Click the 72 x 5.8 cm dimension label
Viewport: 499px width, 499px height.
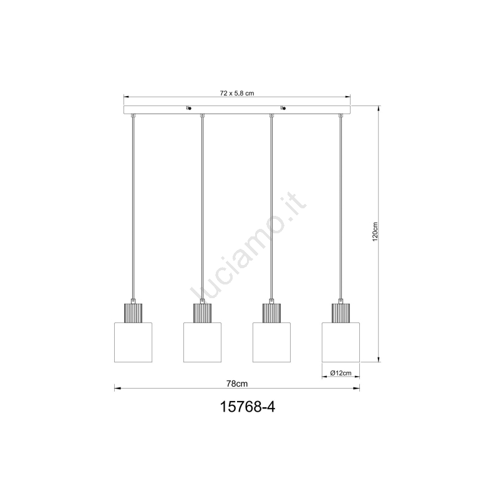(237, 93)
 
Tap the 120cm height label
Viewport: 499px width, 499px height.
(375, 231)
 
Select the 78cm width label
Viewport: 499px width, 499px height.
(237, 384)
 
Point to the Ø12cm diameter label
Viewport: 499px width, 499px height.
(341, 373)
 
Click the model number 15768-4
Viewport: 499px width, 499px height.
(248, 407)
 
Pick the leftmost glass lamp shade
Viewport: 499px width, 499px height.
(133, 342)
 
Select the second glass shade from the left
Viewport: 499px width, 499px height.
(202, 342)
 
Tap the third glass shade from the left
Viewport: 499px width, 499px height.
(271, 342)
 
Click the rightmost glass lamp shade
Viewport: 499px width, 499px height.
(341, 342)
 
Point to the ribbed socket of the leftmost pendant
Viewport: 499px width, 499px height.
(133, 313)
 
